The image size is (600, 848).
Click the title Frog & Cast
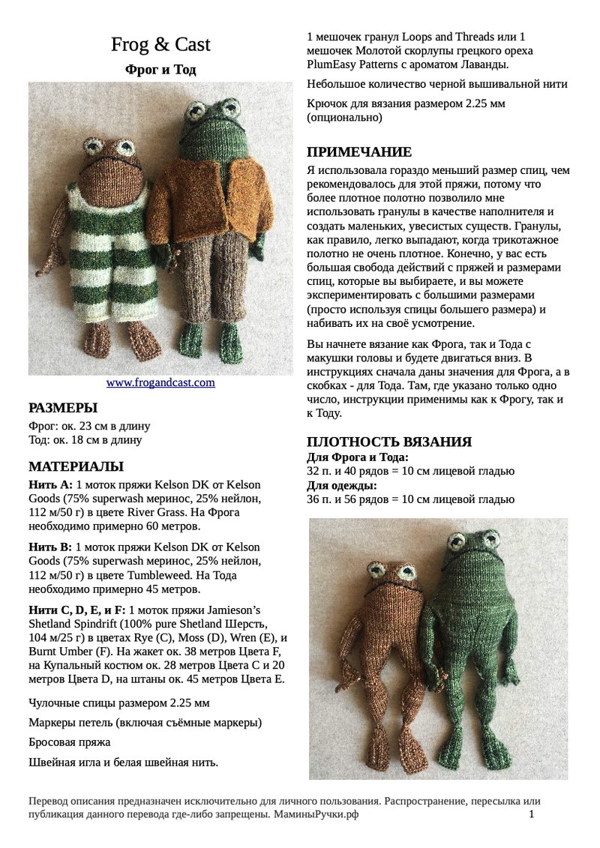click(160, 45)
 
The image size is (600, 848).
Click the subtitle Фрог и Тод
click(160, 70)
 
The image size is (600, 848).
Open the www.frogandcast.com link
click(160, 382)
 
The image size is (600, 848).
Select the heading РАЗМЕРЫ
click(63, 409)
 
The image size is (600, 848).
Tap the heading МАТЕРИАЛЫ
click(76, 466)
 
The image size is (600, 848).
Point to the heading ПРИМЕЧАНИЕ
click(359, 151)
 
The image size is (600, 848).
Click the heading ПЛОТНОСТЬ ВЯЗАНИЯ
click(389, 442)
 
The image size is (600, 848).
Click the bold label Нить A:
click(50, 485)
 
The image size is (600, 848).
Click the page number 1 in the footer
click(532, 814)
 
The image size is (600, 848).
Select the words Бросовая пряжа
click(69, 742)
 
